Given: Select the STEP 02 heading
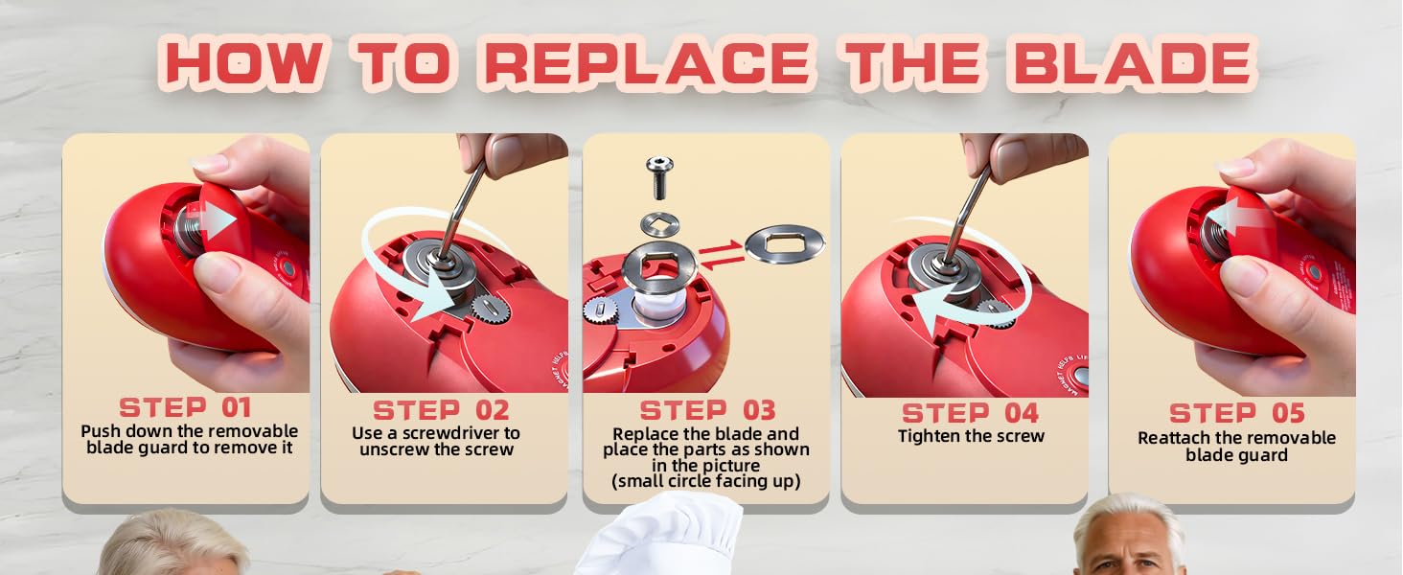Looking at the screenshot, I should pyautogui.click(x=441, y=410).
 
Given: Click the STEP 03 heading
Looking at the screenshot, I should pyautogui.click(x=707, y=410).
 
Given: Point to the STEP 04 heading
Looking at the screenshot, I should pyautogui.click(x=970, y=413).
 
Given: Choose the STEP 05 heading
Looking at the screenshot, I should pyautogui.click(x=1236, y=414).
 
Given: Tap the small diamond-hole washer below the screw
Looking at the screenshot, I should pyautogui.click(x=659, y=224).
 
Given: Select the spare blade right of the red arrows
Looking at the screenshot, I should pyautogui.click(x=784, y=243).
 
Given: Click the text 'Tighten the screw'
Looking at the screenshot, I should pyautogui.click(x=971, y=437).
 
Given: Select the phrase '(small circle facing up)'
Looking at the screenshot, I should pyautogui.click(x=706, y=480).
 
